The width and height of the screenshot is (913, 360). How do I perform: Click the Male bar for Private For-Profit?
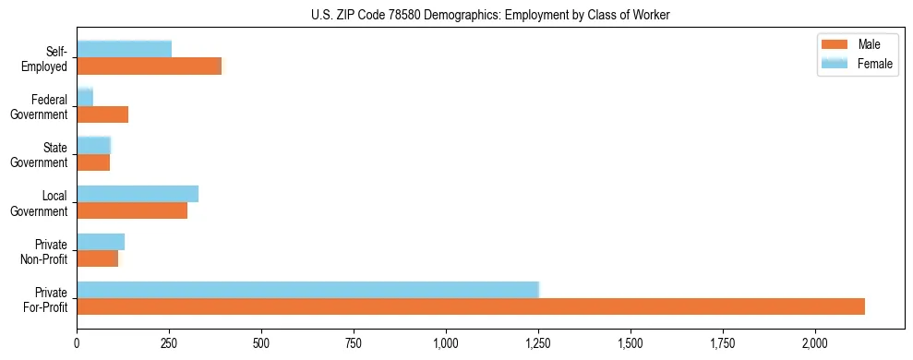pyautogui.click(x=471, y=306)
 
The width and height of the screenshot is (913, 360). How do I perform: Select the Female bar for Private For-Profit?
pyautogui.click(x=307, y=290)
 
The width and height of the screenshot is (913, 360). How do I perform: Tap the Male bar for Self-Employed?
pyautogui.click(x=150, y=66)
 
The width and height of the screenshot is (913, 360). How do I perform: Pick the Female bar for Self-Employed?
pyautogui.click(x=124, y=49)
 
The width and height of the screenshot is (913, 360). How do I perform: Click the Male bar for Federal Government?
pyautogui.click(x=102, y=114)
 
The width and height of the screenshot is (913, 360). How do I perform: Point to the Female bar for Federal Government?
pyautogui.click(x=85, y=97)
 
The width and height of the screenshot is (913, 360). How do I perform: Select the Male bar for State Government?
pyautogui.click(x=93, y=162)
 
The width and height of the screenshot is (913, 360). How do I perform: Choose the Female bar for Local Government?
pyautogui.click(x=138, y=194)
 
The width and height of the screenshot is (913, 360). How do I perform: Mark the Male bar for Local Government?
pyautogui.click(x=132, y=210)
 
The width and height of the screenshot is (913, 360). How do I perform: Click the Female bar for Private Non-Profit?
pyautogui.click(x=101, y=242)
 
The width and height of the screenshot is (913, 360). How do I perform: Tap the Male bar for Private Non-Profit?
pyautogui.click(x=98, y=258)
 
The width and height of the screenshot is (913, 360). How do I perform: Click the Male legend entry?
pyautogui.click(x=868, y=45)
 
